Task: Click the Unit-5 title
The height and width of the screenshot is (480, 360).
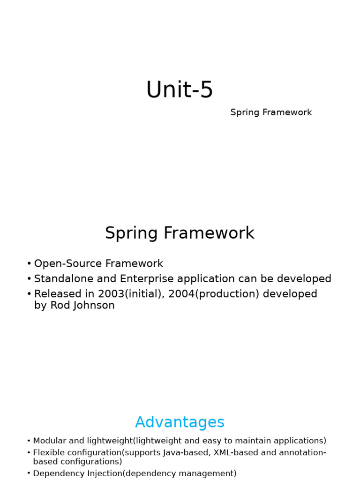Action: [x=180, y=90]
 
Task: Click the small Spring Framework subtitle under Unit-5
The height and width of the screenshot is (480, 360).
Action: [x=271, y=112]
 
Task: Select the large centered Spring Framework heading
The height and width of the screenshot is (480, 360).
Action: [x=180, y=233]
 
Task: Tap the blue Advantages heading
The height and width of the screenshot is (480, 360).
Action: [x=180, y=422]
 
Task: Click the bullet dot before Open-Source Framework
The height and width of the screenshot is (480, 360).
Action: [x=29, y=264]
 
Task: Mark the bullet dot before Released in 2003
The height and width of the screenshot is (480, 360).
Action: [x=29, y=294]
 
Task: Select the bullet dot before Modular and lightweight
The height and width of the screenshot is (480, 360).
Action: [x=29, y=441]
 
